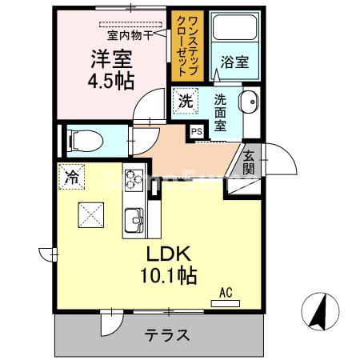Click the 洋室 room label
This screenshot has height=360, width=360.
coord(112,60)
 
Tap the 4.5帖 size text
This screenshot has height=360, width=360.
coord(111,81)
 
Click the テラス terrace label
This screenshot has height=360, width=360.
coord(167,335)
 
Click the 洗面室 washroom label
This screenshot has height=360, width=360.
coord(222,114)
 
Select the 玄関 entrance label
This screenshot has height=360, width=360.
coord(249,162)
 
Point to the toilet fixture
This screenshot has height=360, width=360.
coord(79,141)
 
